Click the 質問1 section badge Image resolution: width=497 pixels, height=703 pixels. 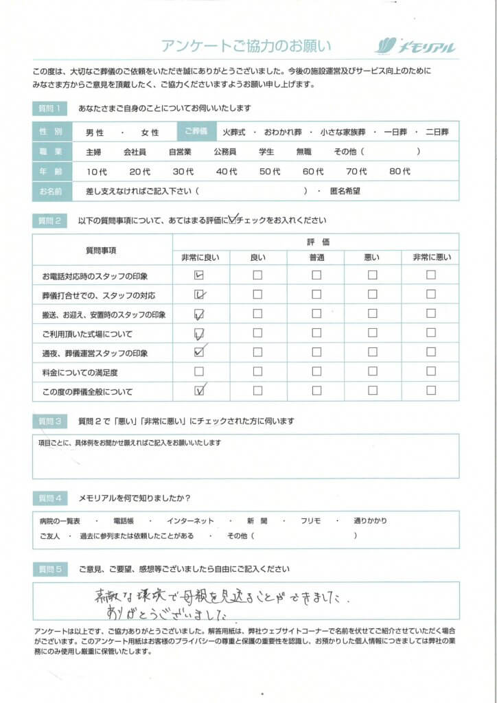[50, 108]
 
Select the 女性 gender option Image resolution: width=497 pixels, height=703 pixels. [150, 132]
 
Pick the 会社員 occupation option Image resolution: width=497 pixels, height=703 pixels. [135, 152]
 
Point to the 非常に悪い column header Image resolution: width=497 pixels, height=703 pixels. [431, 257]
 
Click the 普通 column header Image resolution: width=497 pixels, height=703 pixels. [316, 257]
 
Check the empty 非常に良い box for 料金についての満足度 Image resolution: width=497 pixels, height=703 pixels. [199, 372]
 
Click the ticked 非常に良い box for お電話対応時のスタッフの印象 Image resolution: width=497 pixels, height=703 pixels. [199, 275]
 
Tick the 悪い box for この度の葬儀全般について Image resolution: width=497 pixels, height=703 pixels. [372, 391]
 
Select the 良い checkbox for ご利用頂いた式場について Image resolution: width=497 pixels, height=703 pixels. [257, 334]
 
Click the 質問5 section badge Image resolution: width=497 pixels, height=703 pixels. [50, 569]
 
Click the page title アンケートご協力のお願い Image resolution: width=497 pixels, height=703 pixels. [246, 46]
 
